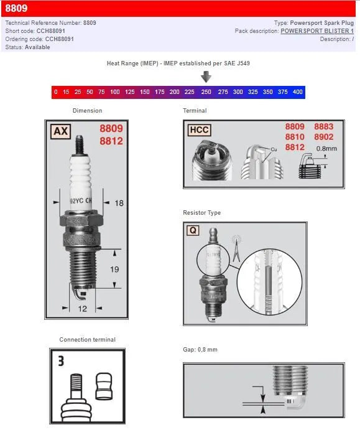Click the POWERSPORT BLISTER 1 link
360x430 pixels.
(317, 31)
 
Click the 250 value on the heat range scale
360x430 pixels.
(206, 92)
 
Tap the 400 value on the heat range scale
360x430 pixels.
(297, 92)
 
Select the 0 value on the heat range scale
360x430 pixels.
(56, 92)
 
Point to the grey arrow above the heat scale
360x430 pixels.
(206, 77)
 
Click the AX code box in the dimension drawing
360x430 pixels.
(60, 131)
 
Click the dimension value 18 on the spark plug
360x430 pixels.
(119, 203)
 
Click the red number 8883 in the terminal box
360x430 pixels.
(323, 127)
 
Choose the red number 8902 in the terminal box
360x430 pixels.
(323, 137)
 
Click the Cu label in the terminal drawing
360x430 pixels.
(274, 149)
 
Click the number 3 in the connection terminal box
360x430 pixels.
(61, 361)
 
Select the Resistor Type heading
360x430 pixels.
(201, 213)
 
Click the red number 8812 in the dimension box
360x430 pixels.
(111, 141)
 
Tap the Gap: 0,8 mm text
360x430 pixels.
(200, 350)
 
